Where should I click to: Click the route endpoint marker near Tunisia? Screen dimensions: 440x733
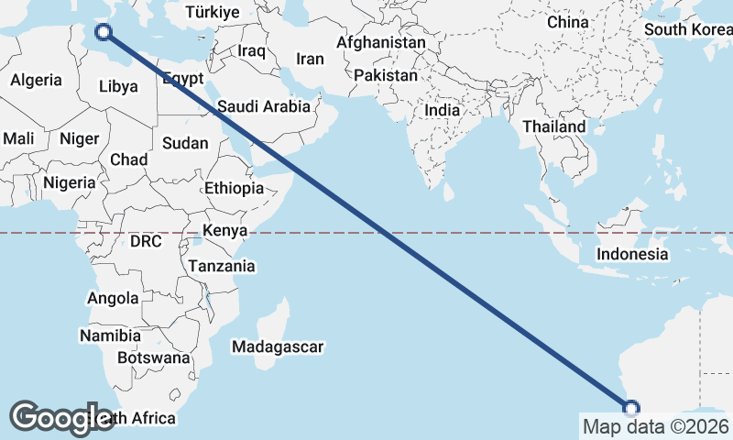(x=104, y=32)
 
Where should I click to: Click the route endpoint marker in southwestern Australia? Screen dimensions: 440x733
(x=631, y=408)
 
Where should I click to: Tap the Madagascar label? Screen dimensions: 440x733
(x=278, y=347)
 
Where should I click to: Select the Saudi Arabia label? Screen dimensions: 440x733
(x=264, y=106)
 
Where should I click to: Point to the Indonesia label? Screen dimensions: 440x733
(x=632, y=254)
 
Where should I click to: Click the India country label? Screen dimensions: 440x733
(x=442, y=110)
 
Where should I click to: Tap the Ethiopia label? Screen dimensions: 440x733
(x=234, y=188)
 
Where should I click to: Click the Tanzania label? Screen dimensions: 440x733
(x=221, y=266)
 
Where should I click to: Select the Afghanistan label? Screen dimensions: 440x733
(x=381, y=42)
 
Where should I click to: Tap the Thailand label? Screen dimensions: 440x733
(x=554, y=126)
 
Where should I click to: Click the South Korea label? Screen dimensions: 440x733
(x=687, y=28)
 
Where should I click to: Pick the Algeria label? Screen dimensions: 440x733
(x=36, y=80)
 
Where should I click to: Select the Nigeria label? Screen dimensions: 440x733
(x=69, y=182)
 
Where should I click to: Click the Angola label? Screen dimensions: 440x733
(x=113, y=298)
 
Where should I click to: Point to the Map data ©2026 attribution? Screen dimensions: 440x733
(x=656, y=426)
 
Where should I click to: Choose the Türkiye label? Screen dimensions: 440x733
(x=212, y=12)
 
